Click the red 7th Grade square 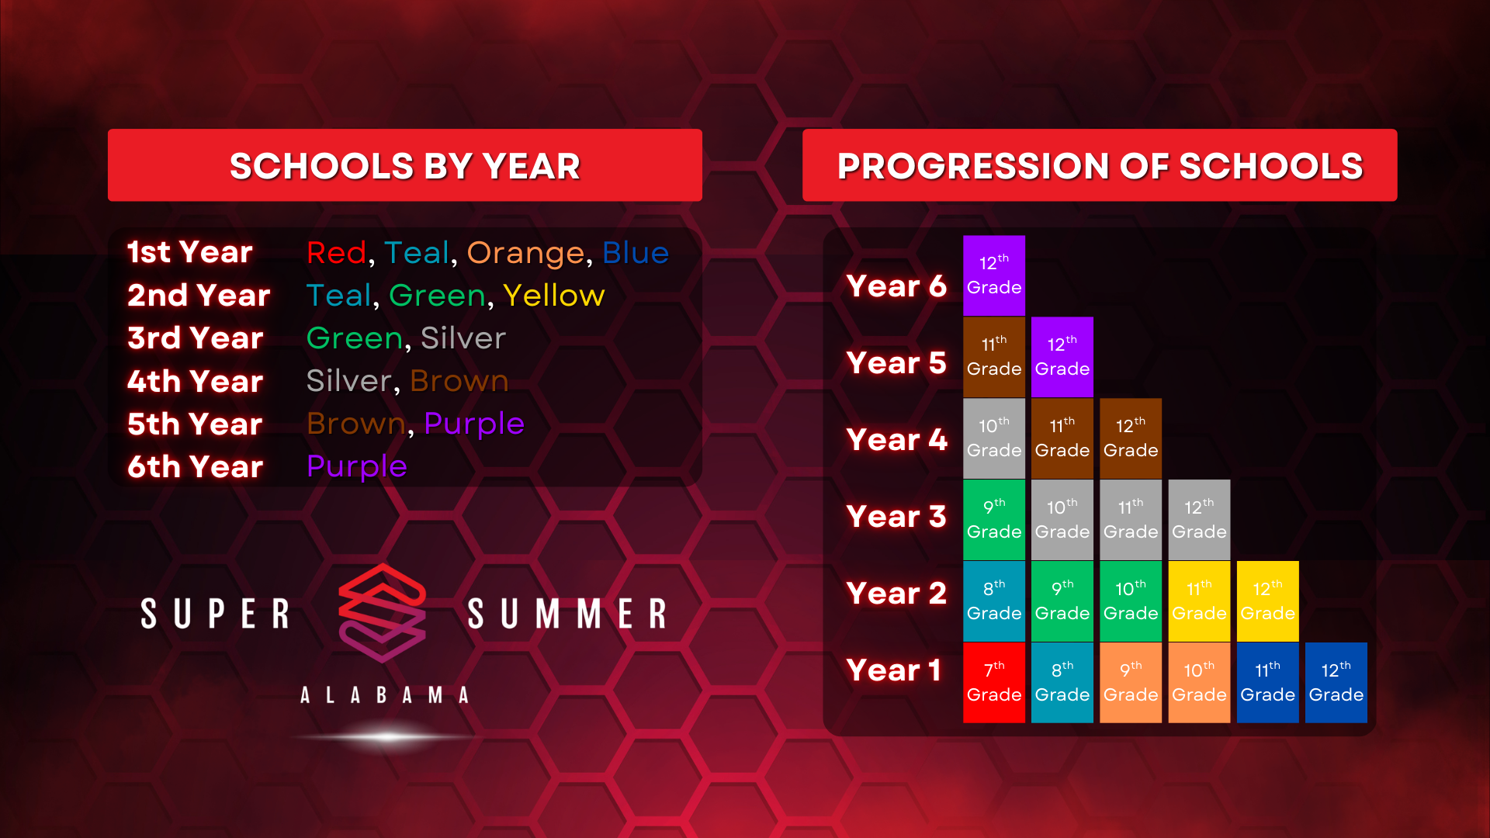point(994,683)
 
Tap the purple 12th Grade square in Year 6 point(994,275)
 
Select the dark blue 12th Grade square point(1336,683)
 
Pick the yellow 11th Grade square point(1199,601)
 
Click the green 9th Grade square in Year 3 point(994,520)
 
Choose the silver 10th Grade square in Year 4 point(994,438)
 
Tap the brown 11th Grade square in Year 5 point(994,357)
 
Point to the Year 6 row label point(896,286)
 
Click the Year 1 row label point(893,670)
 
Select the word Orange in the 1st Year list point(525,253)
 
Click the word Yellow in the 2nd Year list point(553,296)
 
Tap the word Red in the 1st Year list point(336,253)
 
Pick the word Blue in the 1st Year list point(636,253)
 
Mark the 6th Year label point(196,467)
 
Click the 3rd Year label point(196,338)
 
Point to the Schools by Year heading point(405,166)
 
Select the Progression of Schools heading point(1100,166)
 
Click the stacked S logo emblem point(382,612)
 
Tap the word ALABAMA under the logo point(385,695)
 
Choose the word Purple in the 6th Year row point(357,467)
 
